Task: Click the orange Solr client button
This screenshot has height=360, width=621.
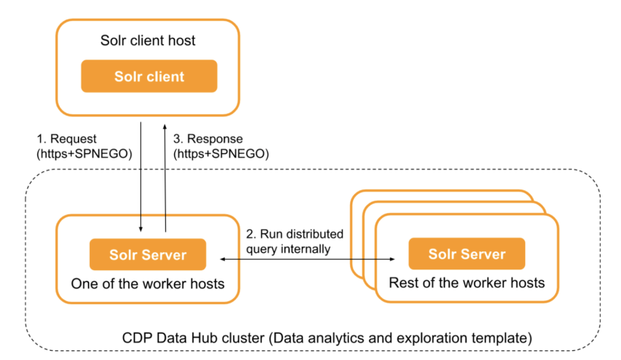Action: coord(149,76)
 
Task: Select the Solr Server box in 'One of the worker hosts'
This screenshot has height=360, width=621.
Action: coord(149,254)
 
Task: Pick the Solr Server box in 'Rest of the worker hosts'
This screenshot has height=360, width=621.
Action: coord(466,254)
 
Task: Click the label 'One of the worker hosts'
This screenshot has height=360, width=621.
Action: coord(149,284)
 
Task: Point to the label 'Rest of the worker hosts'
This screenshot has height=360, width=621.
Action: coord(466,284)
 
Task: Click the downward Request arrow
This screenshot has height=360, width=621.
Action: coord(140,174)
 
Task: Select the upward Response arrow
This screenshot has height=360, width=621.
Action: coord(165,174)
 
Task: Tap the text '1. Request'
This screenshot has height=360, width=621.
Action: coord(65,140)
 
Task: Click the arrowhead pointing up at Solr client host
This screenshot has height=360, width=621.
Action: coord(165,125)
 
